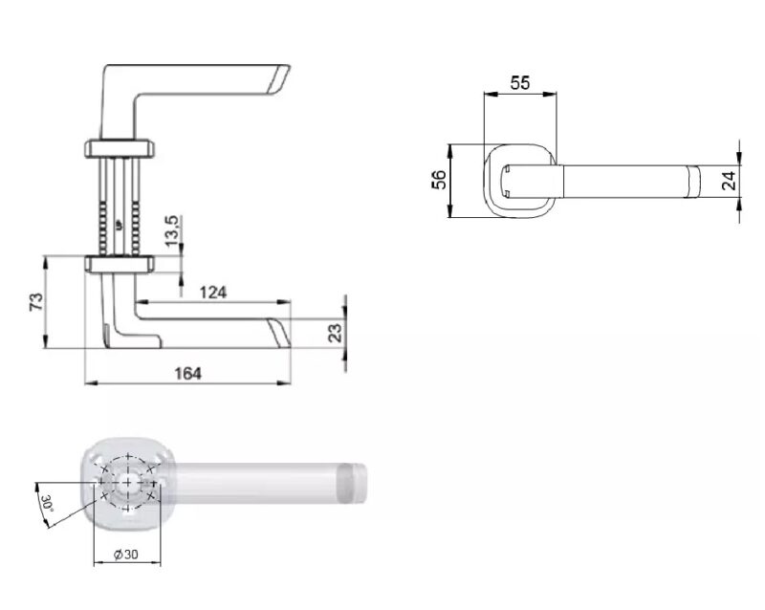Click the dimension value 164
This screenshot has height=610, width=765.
tap(187, 374)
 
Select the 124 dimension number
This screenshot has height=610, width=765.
tap(213, 293)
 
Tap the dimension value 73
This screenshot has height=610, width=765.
tap(36, 301)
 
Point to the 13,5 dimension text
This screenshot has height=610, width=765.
tap(173, 230)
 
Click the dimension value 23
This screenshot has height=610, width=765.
tap(336, 333)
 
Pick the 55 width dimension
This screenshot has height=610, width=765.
tap(519, 83)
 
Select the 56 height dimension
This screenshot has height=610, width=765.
tap(439, 180)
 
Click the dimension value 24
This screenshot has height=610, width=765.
tap(729, 181)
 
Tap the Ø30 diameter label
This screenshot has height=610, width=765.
tap(126, 555)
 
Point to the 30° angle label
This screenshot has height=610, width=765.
tap(48, 503)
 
